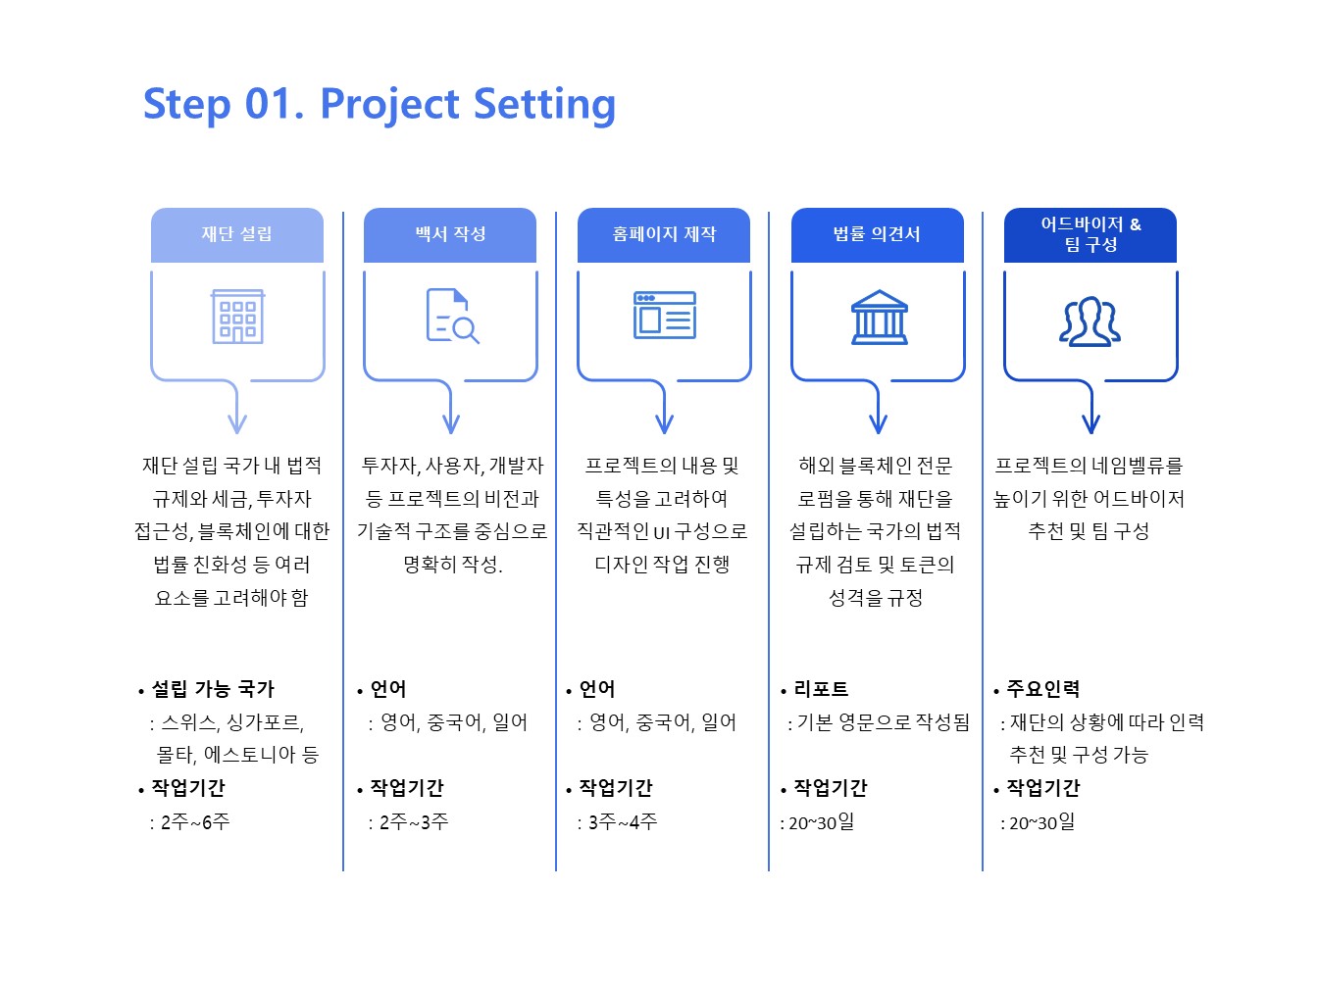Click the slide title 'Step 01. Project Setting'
[x=380, y=105]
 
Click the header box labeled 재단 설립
[x=237, y=235]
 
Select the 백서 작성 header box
[x=450, y=235]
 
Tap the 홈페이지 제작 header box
[x=664, y=235]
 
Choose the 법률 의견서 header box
[x=878, y=235]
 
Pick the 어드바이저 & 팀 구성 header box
[x=1090, y=235]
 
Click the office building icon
[x=237, y=317]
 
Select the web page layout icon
[x=665, y=315]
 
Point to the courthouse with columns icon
[x=879, y=318]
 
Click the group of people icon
[x=1090, y=321]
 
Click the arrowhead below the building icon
[x=237, y=423]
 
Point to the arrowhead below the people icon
[x=1091, y=423]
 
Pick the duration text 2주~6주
[x=195, y=821]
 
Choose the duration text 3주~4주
[x=623, y=821]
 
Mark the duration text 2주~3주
[x=414, y=821]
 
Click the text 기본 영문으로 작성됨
[x=884, y=722]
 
